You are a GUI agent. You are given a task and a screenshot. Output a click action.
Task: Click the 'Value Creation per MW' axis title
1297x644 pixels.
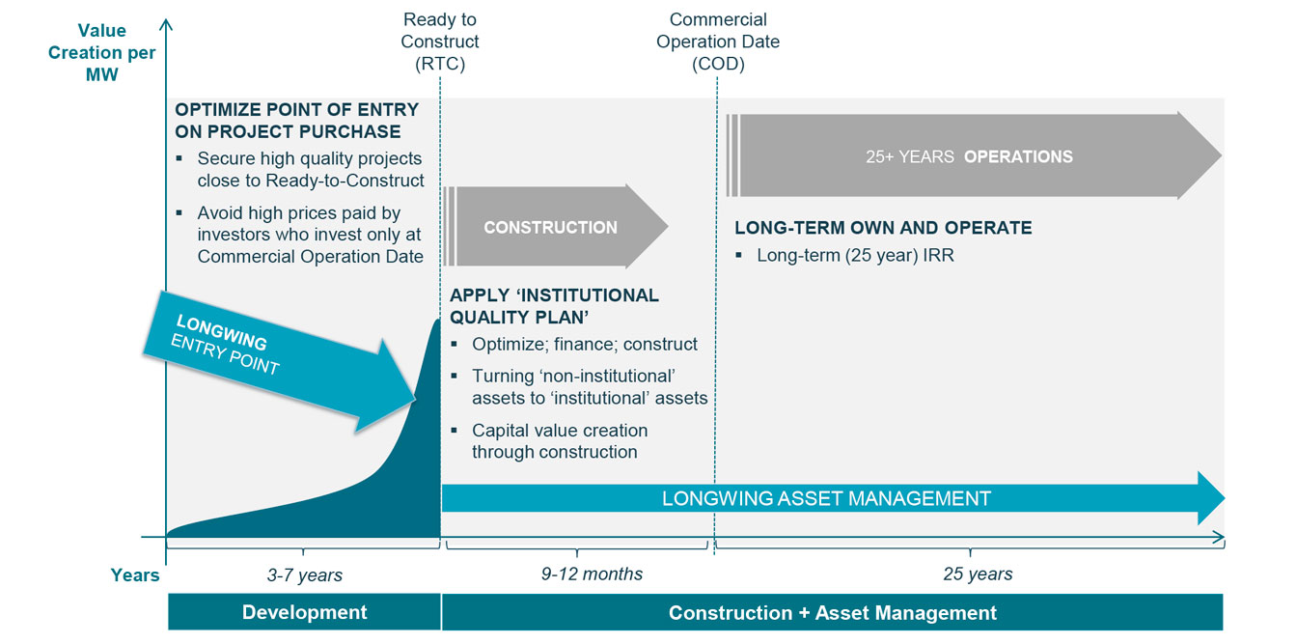(102, 52)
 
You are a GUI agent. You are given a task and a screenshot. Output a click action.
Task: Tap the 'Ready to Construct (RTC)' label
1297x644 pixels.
(440, 42)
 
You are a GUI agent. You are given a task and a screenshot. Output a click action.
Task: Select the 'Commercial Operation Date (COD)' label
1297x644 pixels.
(718, 42)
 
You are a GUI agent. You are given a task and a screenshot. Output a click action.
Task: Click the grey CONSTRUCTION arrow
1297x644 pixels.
(555, 227)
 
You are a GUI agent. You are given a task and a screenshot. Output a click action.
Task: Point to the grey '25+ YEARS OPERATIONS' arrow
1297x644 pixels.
(973, 155)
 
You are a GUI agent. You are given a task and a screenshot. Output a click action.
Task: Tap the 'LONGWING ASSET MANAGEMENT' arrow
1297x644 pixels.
(833, 498)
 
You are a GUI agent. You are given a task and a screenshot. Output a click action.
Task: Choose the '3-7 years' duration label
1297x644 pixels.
(305, 575)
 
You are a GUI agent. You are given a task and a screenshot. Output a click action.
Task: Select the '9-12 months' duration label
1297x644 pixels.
(592, 574)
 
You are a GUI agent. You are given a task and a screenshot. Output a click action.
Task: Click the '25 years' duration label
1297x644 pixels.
(978, 574)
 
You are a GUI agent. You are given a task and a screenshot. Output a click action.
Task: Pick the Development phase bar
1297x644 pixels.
(305, 612)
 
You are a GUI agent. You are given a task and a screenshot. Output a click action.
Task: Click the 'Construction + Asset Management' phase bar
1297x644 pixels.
(833, 613)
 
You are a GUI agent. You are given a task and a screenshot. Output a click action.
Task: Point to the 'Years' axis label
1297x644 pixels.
(135, 575)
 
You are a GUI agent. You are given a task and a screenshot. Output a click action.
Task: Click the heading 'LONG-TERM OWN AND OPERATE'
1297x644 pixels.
(883, 228)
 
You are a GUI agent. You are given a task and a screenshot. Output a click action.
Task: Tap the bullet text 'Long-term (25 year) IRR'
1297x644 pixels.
(855, 256)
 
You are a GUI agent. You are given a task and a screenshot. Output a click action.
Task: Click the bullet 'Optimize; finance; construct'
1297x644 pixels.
(584, 345)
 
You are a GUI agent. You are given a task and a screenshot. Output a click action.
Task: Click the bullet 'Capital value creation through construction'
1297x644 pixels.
(560, 441)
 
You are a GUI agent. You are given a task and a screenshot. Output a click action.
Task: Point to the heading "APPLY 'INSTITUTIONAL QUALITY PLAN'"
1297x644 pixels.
(554, 306)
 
